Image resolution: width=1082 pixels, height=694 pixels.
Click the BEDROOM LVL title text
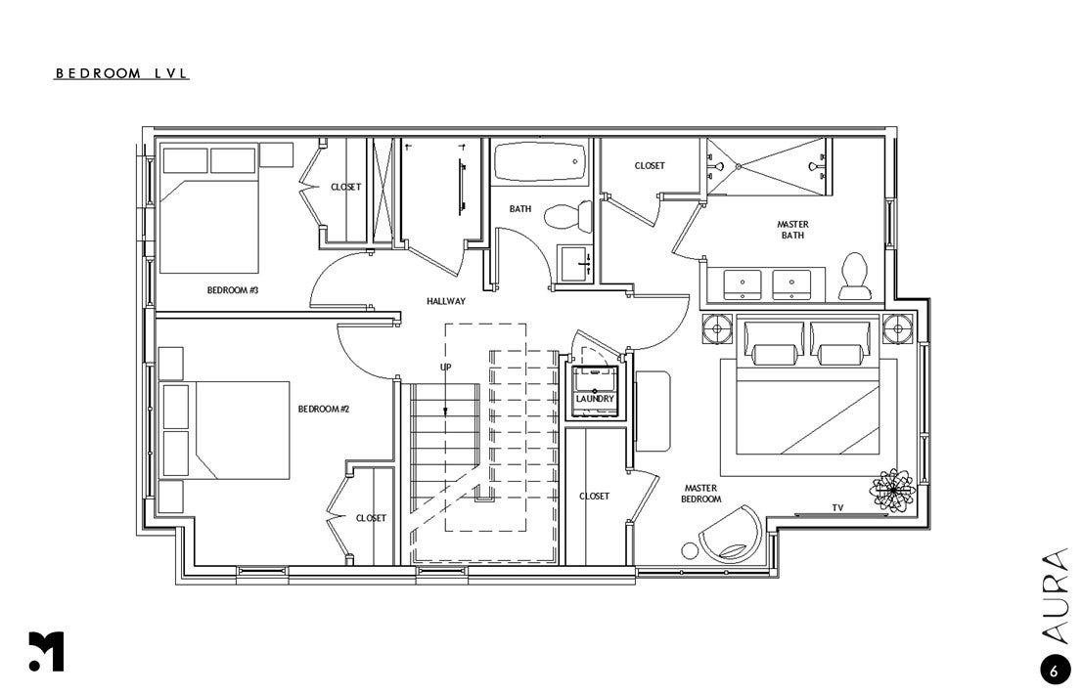click(121, 73)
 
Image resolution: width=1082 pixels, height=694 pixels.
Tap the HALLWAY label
click(445, 301)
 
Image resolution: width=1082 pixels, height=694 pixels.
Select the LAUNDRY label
click(595, 399)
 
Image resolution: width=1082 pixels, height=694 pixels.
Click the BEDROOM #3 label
click(232, 290)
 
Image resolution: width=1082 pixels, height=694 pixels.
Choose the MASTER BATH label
click(792, 230)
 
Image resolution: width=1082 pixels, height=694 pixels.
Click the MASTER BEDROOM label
click(702, 494)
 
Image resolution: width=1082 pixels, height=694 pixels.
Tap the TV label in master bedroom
click(836, 507)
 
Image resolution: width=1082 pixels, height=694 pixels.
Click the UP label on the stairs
click(445, 367)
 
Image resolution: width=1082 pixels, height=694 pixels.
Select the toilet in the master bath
click(854, 277)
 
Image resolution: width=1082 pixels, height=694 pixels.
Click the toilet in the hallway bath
click(566, 216)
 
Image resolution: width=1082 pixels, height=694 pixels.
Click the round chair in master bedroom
click(731, 535)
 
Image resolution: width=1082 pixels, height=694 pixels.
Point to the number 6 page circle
click(1054, 671)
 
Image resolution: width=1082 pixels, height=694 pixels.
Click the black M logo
click(46, 652)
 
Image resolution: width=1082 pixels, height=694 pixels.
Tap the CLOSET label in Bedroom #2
click(371, 518)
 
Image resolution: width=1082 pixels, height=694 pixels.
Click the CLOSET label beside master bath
click(650, 166)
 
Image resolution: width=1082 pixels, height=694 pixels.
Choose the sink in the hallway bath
click(573, 262)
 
